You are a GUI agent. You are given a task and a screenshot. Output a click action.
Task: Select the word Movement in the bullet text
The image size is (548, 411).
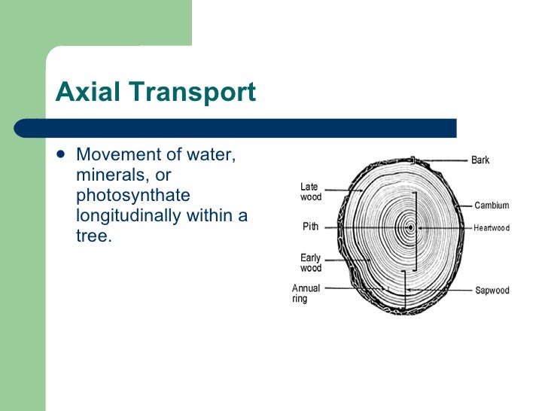point(120,156)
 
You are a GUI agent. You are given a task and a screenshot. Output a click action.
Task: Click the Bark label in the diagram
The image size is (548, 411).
point(480,160)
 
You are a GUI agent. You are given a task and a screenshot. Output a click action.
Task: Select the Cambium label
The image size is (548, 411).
point(492,205)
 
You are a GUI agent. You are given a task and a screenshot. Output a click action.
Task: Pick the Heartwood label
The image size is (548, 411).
point(491,228)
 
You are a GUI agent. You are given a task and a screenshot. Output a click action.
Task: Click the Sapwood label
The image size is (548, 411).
point(492,291)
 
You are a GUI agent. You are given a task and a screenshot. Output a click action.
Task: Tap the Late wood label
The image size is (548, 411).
point(311,192)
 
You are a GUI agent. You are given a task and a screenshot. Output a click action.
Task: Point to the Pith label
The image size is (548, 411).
point(310,226)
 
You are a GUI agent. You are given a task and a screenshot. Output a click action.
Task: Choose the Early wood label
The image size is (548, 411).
point(311,263)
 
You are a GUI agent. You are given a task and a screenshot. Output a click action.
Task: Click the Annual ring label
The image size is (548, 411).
point(306,293)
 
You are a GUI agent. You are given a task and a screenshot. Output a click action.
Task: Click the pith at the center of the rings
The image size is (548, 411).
point(410,227)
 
